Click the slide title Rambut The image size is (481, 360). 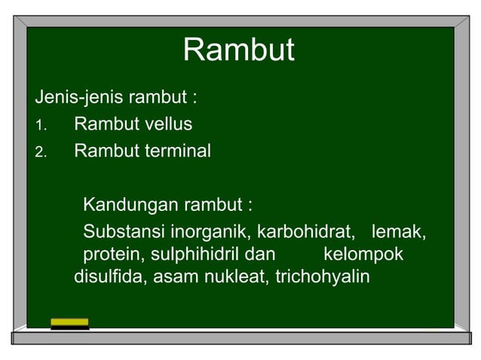[238, 51]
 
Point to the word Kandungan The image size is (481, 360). [123, 205]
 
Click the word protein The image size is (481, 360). [114, 254]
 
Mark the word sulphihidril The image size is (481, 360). [194, 254]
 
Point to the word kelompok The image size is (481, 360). [363, 254]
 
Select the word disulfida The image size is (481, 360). [111, 276]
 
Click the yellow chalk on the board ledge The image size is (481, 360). [69, 322]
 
